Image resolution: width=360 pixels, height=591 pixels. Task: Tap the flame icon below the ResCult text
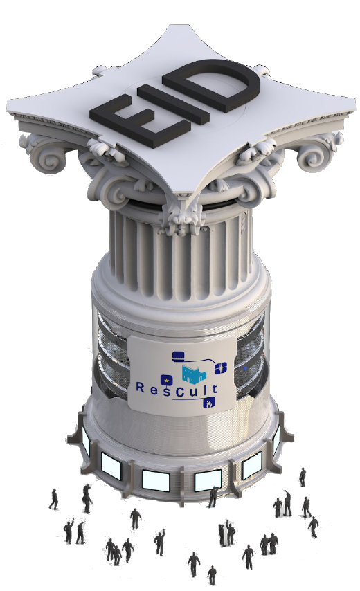coord(209,403)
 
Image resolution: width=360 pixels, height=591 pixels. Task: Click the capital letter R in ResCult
coord(139,388)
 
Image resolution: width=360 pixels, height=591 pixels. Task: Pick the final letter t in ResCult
coord(214,388)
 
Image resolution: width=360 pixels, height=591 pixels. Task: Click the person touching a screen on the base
coord(213,497)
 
